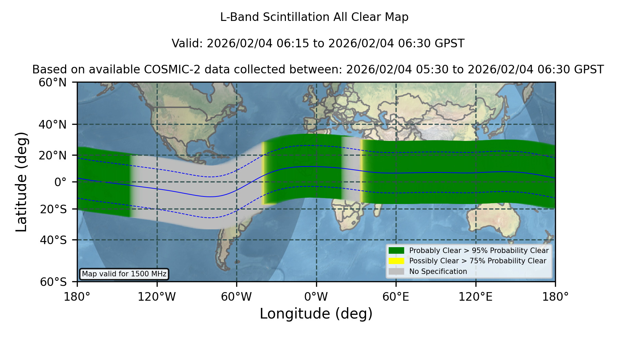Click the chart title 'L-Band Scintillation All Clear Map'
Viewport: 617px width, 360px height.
[x=314, y=17]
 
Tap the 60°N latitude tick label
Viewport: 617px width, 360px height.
[x=52, y=83]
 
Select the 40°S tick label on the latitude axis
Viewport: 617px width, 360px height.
[x=53, y=240]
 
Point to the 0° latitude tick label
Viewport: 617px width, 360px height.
[x=60, y=182]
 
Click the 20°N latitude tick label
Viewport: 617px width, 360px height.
[x=52, y=155]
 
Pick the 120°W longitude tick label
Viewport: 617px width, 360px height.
[x=157, y=297]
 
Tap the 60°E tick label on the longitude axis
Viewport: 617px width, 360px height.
[x=396, y=297]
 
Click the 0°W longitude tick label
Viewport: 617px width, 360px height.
[x=316, y=297]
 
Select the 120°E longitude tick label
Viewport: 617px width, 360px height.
[x=475, y=297]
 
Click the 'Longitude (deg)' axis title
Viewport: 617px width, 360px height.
[x=316, y=314]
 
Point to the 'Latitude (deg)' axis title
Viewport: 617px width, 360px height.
[x=22, y=182]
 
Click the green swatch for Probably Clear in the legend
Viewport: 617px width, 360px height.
[x=396, y=251]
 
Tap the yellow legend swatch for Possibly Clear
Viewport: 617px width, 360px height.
[x=396, y=261]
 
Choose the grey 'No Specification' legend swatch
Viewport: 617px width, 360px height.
[x=396, y=272]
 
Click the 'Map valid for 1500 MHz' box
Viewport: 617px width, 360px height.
[x=124, y=274]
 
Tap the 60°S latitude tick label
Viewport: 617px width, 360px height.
[x=53, y=282]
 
